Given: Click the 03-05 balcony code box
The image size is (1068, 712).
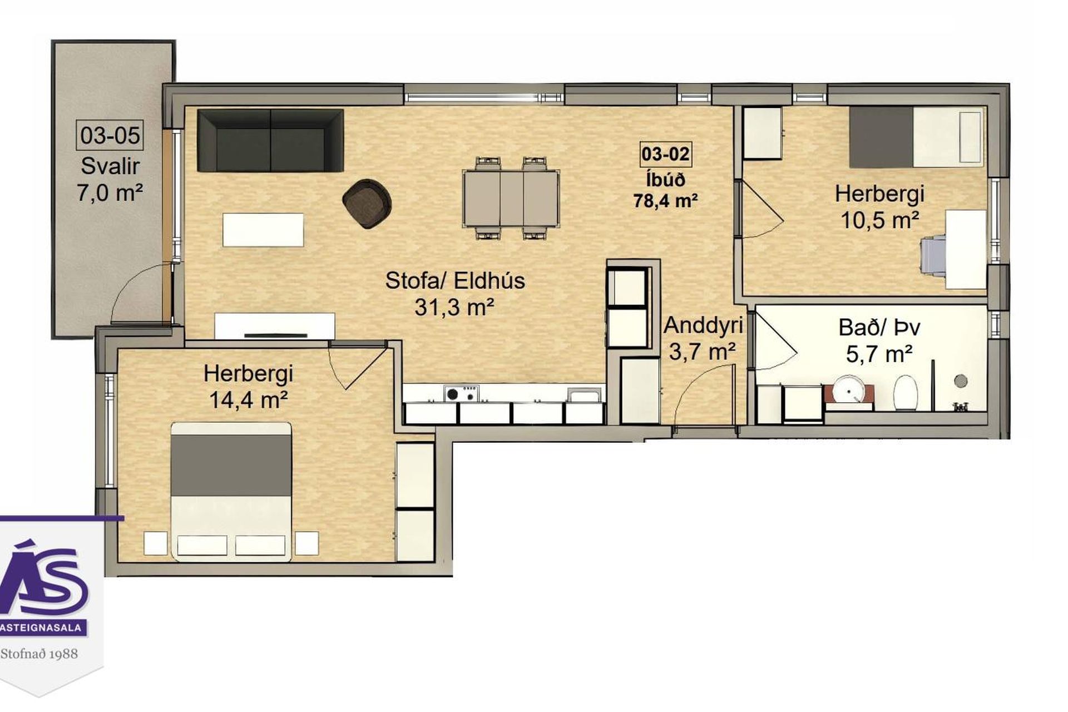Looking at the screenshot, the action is pyautogui.click(x=110, y=135).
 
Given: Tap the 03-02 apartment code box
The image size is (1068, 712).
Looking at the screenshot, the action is pyautogui.click(x=665, y=154).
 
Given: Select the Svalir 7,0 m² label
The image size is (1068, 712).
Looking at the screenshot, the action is pyautogui.click(x=110, y=179).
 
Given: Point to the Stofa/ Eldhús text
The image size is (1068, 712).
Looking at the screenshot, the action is pyautogui.click(x=455, y=281).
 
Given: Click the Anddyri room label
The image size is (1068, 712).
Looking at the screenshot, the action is pyautogui.click(x=703, y=325).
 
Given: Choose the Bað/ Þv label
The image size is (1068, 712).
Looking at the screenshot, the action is pyautogui.click(x=879, y=328).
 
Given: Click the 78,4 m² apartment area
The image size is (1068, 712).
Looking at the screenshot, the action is pyautogui.click(x=665, y=200).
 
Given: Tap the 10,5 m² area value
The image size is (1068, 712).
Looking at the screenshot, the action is pyautogui.click(x=879, y=221).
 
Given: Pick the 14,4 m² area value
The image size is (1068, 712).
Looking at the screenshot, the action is pyautogui.click(x=248, y=399).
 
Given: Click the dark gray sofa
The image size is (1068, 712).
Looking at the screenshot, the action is pyautogui.click(x=270, y=140).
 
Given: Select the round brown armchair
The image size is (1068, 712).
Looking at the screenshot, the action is pyautogui.click(x=367, y=203).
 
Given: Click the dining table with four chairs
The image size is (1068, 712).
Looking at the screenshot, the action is pyautogui.click(x=511, y=199).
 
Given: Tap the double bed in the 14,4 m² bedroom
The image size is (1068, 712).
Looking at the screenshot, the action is pyautogui.click(x=231, y=492).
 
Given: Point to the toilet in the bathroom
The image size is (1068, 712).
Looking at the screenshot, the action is pyautogui.click(x=905, y=392).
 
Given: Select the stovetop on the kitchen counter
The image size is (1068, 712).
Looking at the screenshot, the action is pyautogui.click(x=461, y=393).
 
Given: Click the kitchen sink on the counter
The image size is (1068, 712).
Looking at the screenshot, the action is pyautogui.click(x=584, y=395).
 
